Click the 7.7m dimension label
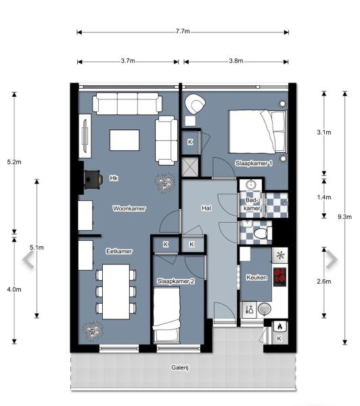pyautogui.click(x=183, y=31)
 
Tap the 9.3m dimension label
pyautogui.click(x=344, y=217)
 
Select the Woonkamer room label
pyautogui.click(x=129, y=208)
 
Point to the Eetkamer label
pyautogui.click(x=119, y=251)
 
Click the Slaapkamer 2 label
pyautogui.click(x=176, y=281)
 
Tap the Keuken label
pyautogui.click(x=256, y=277)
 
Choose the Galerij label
pyautogui.click(x=180, y=367)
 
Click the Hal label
pyautogui.click(x=206, y=208)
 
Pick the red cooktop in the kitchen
pyautogui.click(x=280, y=277)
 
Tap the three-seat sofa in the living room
pyautogui.click(x=127, y=104)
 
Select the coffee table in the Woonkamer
pyautogui.click(x=125, y=140)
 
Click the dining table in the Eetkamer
pyautogui.click(x=116, y=292)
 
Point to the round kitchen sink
pyautogui.click(x=264, y=309)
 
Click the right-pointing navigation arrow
pyautogui.click(x=332, y=259)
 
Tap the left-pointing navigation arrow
pyautogui.click(x=28, y=260)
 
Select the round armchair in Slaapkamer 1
pyautogui.click(x=195, y=104)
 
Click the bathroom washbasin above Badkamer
pyautogui.click(x=250, y=185)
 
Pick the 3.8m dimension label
pyautogui.click(x=236, y=61)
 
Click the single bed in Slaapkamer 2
pyautogui.click(x=166, y=315)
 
